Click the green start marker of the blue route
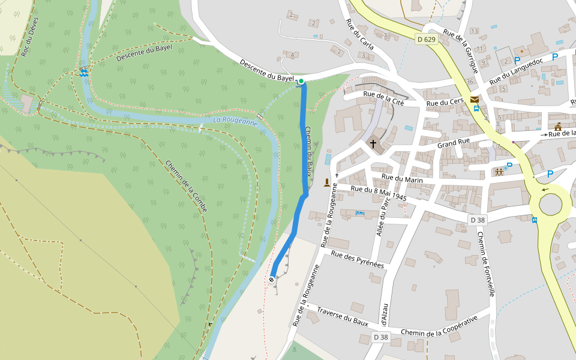(301, 81)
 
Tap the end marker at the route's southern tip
(272, 279)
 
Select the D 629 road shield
(425, 40)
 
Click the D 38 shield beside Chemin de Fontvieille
(478, 220)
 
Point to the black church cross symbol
(373, 144)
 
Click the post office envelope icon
(475, 100)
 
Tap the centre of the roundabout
(551, 204)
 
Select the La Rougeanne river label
(235, 122)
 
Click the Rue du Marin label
(402, 179)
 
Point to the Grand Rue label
(454, 145)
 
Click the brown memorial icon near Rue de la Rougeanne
(327, 182)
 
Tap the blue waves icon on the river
(84, 73)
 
